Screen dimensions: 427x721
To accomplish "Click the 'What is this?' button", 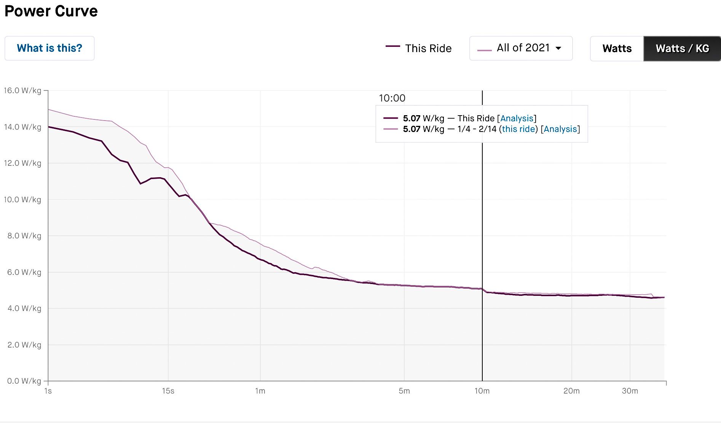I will point(49,48).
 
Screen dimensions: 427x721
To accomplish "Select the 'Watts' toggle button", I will point(617,49).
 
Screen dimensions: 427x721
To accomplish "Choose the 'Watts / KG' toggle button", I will point(682,49).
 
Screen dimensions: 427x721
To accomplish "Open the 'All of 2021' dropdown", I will point(521,48).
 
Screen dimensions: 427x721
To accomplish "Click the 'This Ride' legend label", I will point(428,48).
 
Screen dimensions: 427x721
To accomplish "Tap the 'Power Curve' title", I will point(51,11).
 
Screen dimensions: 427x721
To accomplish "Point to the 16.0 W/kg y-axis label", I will point(22,90).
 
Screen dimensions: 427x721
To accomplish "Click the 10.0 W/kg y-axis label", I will point(22,200).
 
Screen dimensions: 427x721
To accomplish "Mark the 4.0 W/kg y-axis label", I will point(24,308).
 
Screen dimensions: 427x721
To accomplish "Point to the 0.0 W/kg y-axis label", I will point(24,381).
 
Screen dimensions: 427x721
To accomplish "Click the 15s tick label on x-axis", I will point(168,391).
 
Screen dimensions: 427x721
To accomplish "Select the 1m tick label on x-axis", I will point(260,391).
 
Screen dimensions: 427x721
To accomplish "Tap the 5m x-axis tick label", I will point(404,391).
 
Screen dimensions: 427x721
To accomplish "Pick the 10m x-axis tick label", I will point(482,391).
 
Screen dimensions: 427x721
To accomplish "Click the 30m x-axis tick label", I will point(630,391).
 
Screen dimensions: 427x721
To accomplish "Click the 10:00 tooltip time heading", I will point(392,98).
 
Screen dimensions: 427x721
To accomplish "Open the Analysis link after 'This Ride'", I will point(517,119).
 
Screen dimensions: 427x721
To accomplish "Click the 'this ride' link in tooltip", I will point(518,129).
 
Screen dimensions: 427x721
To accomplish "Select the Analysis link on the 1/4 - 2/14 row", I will point(560,129).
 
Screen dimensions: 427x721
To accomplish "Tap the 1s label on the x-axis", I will point(48,391).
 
